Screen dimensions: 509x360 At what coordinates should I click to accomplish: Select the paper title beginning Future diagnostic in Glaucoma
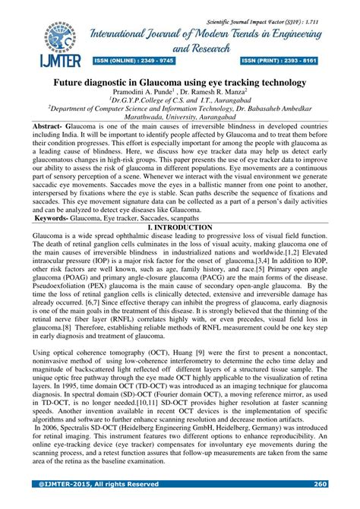point(179,79)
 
